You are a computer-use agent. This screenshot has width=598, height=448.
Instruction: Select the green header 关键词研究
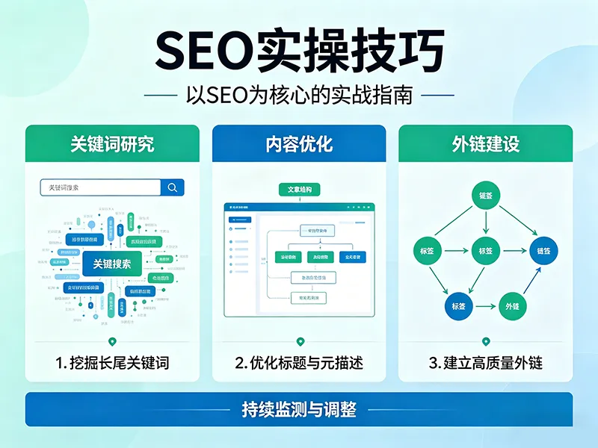(x=112, y=144)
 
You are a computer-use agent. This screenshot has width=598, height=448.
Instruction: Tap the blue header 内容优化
(x=299, y=144)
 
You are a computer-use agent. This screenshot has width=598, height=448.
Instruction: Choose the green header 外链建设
(x=486, y=144)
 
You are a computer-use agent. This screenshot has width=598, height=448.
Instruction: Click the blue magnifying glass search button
(x=173, y=187)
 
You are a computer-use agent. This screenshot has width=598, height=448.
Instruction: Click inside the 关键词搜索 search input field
(x=100, y=187)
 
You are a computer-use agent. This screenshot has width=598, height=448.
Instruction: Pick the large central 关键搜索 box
(x=112, y=264)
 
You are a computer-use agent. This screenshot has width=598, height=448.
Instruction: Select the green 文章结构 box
(x=299, y=190)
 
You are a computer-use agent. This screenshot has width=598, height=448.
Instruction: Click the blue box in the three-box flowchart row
(x=351, y=257)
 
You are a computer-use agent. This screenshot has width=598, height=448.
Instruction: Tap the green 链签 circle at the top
(x=486, y=196)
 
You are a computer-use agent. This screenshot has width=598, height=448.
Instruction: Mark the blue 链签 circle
(x=543, y=251)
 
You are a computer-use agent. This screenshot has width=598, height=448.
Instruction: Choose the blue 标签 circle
(x=457, y=305)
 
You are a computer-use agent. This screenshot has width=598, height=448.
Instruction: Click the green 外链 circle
(x=513, y=305)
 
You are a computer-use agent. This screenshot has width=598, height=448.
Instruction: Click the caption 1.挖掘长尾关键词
(x=112, y=364)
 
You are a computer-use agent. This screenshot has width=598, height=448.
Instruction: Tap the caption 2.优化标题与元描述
(x=299, y=364)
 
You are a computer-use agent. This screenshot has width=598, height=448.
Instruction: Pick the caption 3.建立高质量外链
(x=486, y=364)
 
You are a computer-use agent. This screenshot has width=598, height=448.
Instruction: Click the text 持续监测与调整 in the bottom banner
(x=299, y=409)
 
